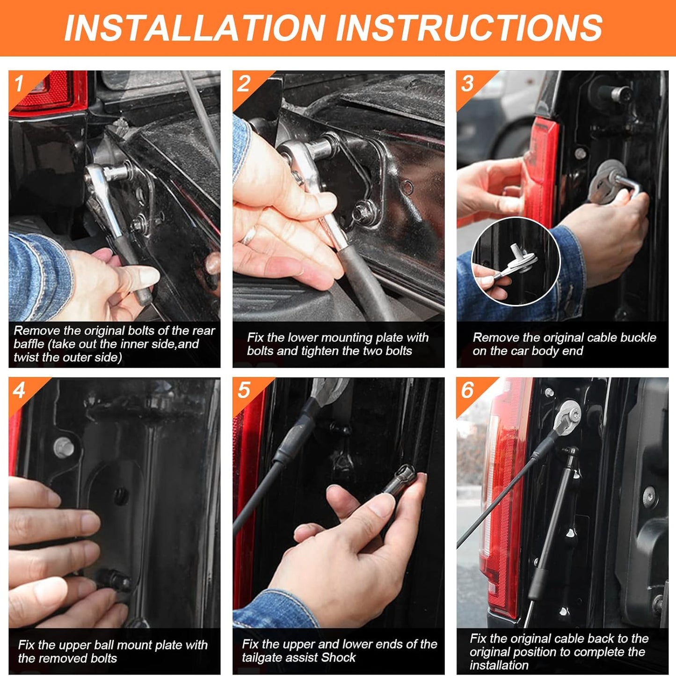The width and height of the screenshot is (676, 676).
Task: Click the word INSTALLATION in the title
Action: tap(195, 28)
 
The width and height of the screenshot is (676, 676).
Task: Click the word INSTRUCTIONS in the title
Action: tap(469, 28)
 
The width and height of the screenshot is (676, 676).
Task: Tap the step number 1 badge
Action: tap(19, 84)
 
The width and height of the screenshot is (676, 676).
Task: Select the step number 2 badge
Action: tap(244, 84)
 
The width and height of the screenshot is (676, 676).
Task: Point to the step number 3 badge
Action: tap(467, 84)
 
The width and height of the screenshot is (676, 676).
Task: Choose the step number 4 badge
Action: tap(19, 390)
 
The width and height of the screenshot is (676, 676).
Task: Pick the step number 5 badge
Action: tap(244, 390)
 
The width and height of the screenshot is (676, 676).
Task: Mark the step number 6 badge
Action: tap(467, 390)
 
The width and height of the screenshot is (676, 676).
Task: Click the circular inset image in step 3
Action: tap(516, 261)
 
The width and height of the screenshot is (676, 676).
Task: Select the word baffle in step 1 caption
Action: tap(29, 344)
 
